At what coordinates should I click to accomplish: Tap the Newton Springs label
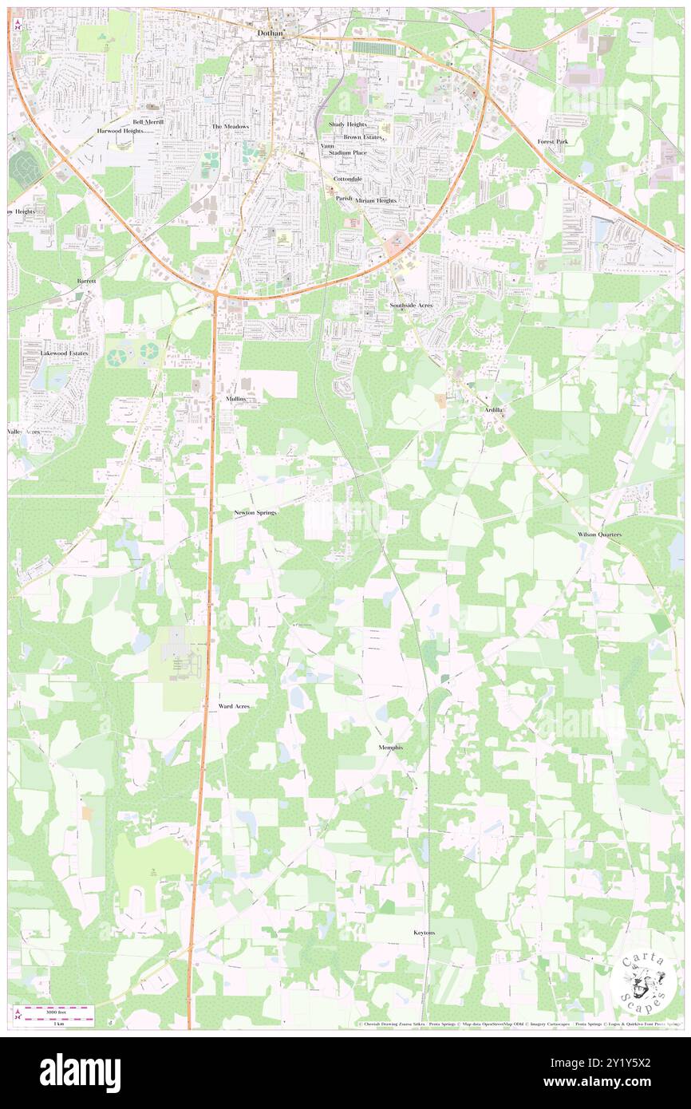tap(255, 512)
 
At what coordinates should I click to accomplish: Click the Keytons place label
tap(424, 933)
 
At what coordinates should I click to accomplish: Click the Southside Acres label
tap(411, 306)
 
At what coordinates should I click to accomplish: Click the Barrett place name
tap(86, 282)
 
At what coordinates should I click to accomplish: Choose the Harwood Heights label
tap(120, 130)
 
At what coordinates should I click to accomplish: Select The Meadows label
tap(230, 126)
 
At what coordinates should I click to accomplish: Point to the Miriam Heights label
tap(376, 200)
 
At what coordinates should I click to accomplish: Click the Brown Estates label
tap(363, 137)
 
